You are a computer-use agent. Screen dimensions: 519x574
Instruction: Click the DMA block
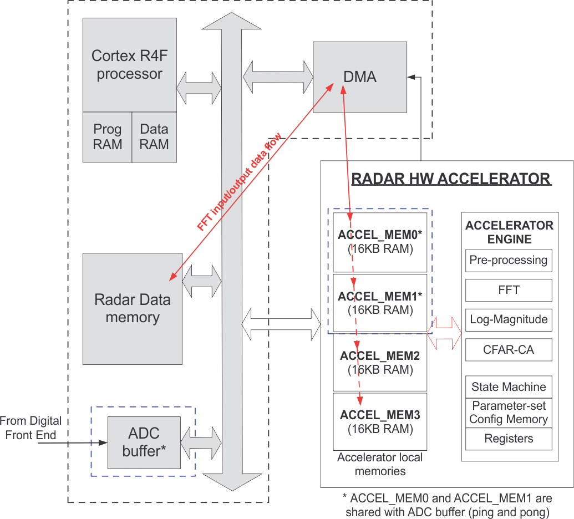360,77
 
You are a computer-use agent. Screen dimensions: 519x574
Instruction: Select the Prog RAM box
107,137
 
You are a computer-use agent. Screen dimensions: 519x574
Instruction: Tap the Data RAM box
154,137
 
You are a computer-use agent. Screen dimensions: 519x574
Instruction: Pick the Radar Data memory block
132,308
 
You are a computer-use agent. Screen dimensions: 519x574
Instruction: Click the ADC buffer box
144,442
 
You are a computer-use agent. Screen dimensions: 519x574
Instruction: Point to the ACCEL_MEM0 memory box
380,242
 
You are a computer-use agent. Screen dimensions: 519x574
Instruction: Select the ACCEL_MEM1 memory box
380,303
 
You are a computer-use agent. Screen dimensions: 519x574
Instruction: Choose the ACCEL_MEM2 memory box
380,362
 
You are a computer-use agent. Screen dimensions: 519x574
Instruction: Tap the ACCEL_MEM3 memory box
380,421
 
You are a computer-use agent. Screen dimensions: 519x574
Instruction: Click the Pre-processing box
509,260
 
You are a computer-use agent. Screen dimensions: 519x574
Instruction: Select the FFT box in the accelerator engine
509,290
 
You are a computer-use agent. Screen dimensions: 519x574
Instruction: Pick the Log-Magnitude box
509,319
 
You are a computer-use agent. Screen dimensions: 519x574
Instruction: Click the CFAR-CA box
509,349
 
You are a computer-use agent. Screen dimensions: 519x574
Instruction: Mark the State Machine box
509,386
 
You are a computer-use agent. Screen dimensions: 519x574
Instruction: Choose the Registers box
509,439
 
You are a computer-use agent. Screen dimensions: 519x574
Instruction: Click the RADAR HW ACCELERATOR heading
451,179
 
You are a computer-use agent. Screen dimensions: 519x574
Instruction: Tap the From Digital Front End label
31,428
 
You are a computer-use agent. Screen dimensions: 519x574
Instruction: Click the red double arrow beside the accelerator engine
445,333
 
